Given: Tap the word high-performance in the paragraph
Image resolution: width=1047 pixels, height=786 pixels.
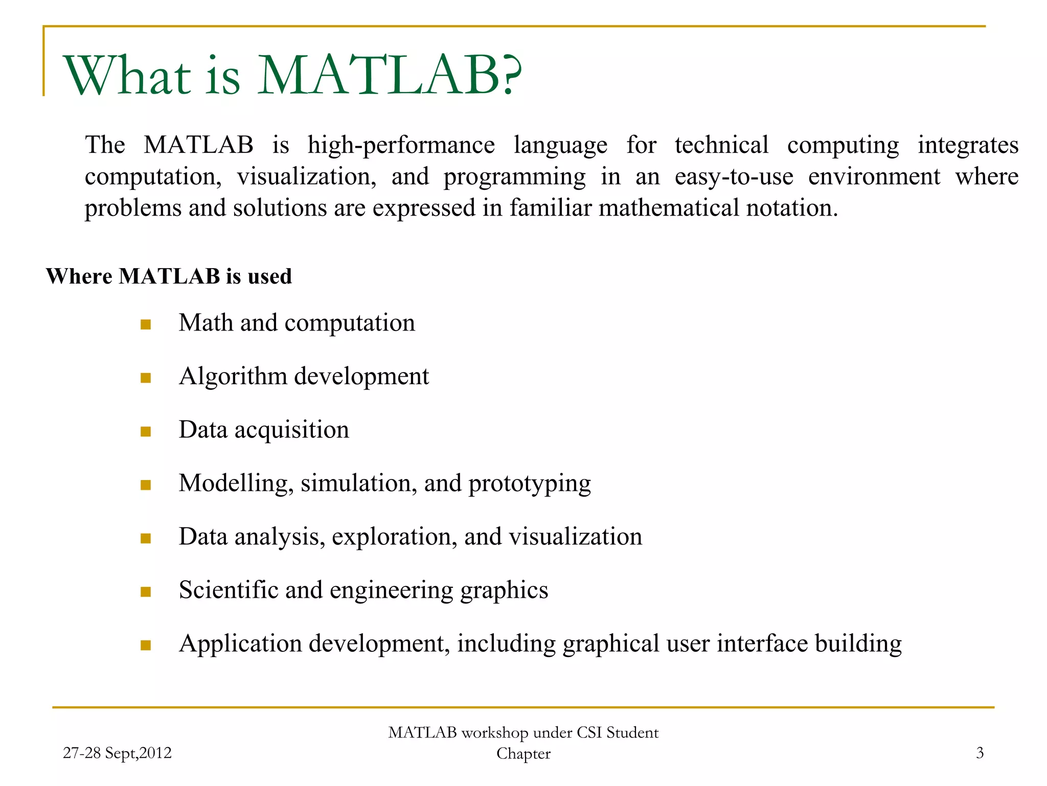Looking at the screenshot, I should (401, 146).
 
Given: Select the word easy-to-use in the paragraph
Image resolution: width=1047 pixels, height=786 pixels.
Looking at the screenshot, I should (734, 177).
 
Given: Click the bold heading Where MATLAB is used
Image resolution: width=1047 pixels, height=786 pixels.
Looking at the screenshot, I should (169, 276).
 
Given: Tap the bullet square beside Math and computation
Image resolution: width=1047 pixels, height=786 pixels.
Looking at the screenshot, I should (146, 324).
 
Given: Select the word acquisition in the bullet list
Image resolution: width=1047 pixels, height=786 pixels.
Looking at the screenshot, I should (291, 430).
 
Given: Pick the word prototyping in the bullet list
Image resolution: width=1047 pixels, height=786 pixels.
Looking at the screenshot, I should (529, 484).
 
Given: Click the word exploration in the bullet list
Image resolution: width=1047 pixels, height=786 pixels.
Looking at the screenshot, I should (394, 537).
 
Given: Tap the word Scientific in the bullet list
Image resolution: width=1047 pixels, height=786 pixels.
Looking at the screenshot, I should (228, 590).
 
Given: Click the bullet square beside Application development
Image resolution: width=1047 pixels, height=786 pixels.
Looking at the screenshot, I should (146, 645).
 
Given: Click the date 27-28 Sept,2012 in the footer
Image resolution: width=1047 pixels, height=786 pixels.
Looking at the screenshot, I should (117, 753).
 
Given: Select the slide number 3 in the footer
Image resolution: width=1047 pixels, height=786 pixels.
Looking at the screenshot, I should (980, 753).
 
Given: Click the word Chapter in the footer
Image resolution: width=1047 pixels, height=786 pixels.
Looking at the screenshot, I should (523, 754).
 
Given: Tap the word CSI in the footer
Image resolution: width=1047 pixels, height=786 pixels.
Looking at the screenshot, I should (589, 733).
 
